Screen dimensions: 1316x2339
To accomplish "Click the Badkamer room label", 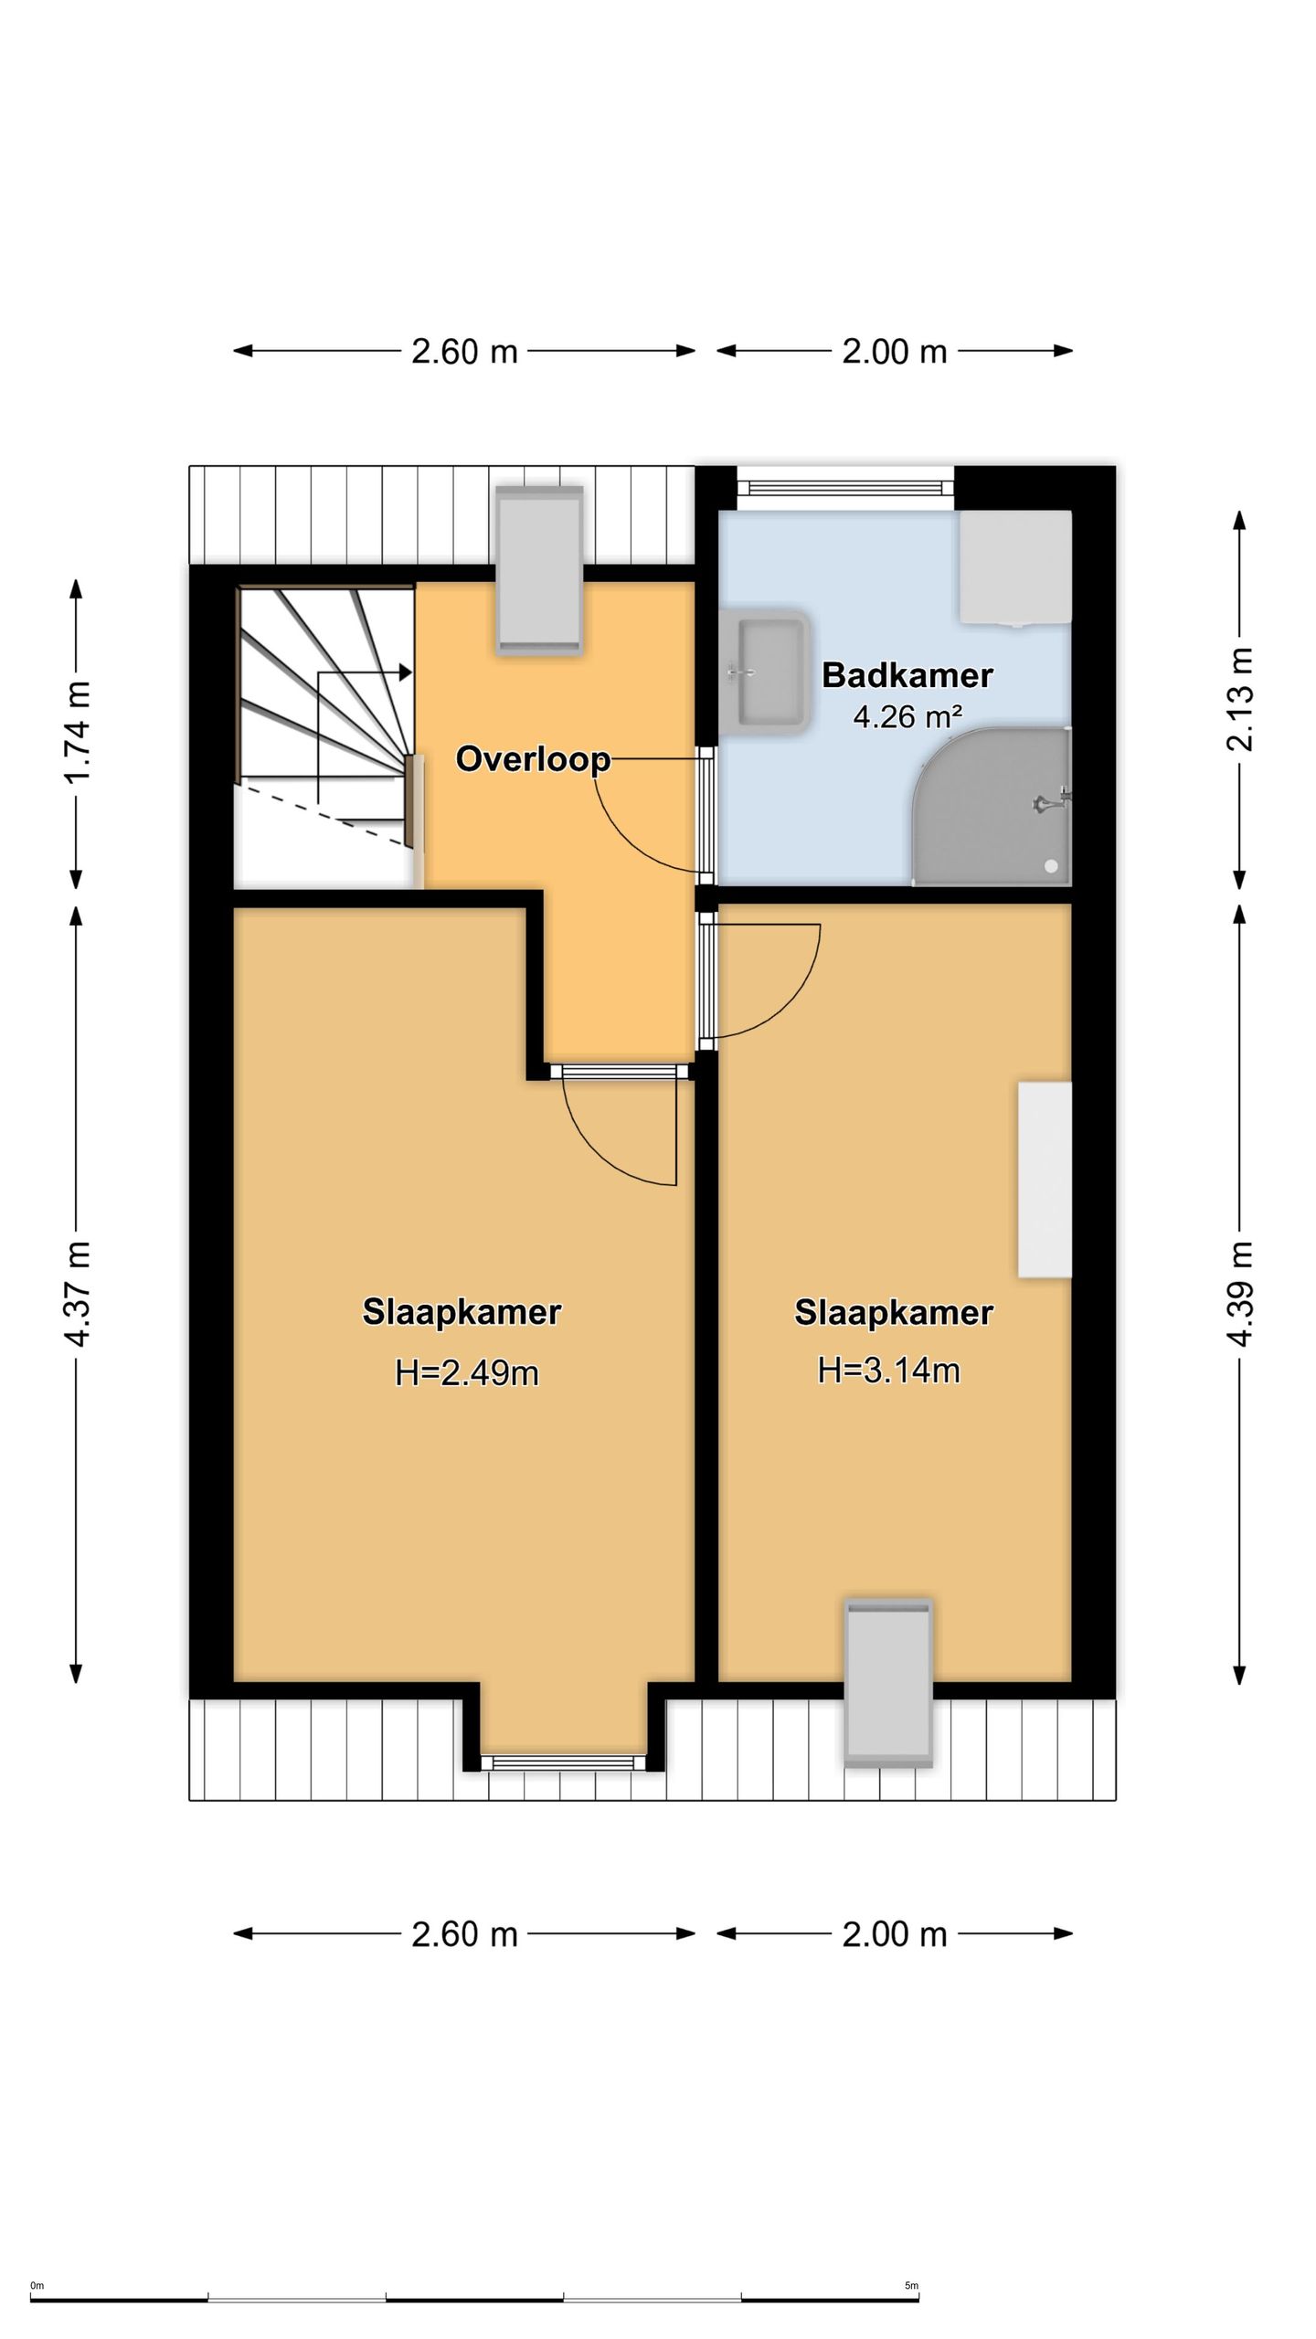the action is tap(907, 675).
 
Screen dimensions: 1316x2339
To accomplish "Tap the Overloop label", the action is tap(533, 759).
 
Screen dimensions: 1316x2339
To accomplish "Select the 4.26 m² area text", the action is tap(907, 717).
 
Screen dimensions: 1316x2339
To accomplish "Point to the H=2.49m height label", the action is tap(466, 1372).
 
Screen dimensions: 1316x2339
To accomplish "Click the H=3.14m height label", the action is tap(888, 1371).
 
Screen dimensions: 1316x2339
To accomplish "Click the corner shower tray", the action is tap(992, 807).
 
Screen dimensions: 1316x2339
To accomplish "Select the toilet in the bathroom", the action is tap(1014, 568).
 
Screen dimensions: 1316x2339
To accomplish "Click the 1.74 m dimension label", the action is tap(79, 733).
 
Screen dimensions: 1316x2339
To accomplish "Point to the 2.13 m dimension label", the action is tap(1239, 699).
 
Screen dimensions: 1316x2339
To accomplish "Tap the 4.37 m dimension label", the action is tap(79, 1294).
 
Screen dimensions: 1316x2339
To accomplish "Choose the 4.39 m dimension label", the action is tap(1239, 1294).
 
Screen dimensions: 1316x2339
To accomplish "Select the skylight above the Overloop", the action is tap(539, 569).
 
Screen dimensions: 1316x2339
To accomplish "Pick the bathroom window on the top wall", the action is tap(845, 485).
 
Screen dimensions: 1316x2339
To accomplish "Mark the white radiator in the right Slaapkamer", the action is tap(1045, 1180).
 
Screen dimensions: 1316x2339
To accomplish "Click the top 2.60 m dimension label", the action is tap(464, 352).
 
